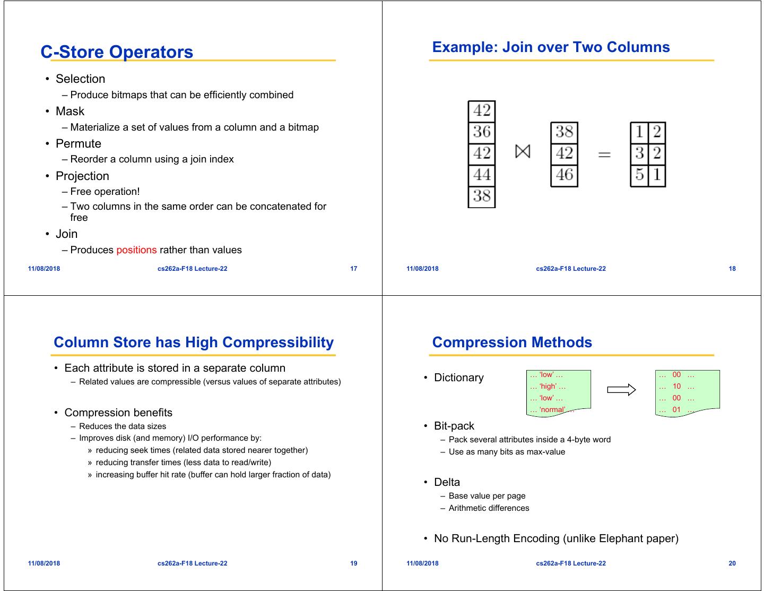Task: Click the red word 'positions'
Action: click(136, 250)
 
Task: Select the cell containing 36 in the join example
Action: click(482, 132)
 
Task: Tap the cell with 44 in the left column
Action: click(482, 175)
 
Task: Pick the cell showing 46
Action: click(564, 175)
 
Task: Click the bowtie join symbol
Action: click(523, 152)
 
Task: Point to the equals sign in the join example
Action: click(604, 155)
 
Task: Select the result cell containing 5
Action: click(639, 175)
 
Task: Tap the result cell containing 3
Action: click(639, 153)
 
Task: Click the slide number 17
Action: click(354, 269)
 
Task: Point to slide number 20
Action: click(732, 563)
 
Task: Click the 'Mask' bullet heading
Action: click(70, 112)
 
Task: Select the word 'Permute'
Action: click(79, 144)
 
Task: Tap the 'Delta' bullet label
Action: click(447, 482)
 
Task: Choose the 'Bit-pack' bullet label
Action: click(454, 426)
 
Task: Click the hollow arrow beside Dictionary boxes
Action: click(621, 390)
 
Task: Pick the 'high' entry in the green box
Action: click(548, 387)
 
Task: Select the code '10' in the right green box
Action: click(676, 387)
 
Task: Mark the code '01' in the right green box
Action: click(676, 409)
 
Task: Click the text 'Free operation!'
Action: click(105, 192)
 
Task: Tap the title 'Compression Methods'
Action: click(512, 342)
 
